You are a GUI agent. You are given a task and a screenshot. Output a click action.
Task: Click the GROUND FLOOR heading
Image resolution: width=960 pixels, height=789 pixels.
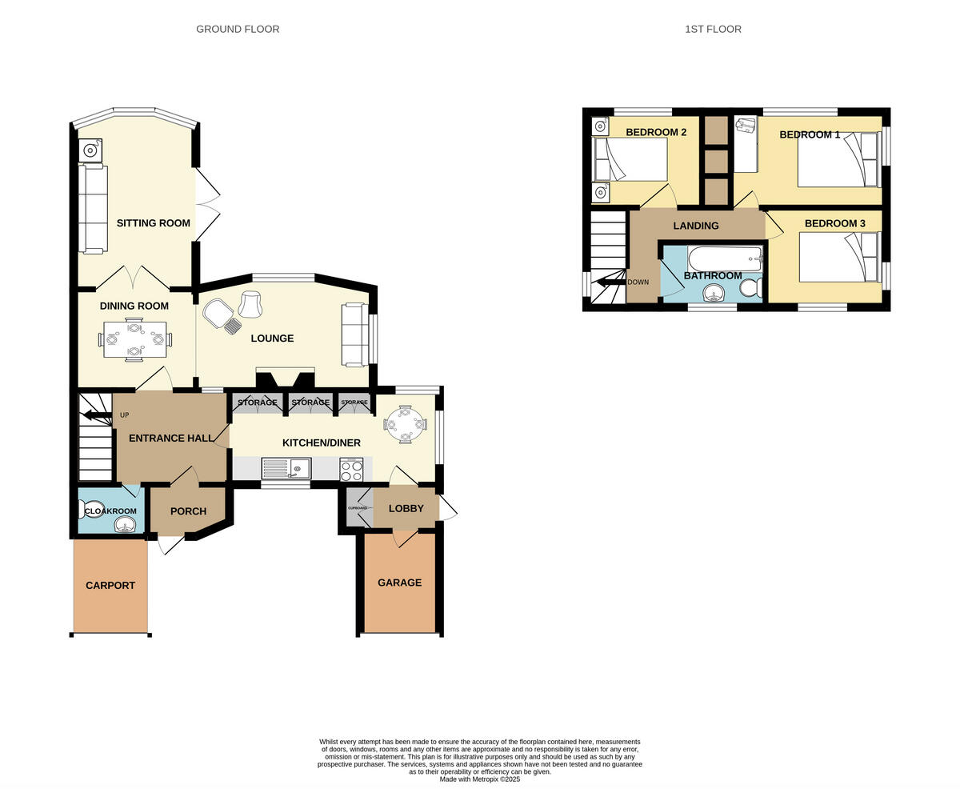click(238, 29)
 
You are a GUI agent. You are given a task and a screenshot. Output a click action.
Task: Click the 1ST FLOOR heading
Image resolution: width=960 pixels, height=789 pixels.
click(713, 29)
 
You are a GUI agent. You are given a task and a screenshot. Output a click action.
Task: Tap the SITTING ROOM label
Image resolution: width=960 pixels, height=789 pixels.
click(153, 223)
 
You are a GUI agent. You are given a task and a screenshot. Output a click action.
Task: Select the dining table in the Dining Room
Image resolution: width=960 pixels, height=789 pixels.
click(134, 340)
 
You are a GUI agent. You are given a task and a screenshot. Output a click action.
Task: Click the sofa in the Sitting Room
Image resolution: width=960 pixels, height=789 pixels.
click(93, 209)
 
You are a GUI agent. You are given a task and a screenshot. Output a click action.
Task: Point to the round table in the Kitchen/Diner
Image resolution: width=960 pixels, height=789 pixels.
click(406, 424)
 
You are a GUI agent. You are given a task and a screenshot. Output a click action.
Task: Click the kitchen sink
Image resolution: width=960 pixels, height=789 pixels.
click(286, 468)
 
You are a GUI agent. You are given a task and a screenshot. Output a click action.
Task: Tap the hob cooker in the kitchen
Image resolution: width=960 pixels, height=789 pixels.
click(351, 469)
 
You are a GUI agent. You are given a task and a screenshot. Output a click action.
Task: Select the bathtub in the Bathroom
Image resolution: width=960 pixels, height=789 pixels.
click(724, 258)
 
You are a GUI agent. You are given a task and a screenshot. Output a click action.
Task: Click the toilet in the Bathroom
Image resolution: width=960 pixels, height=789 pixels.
click(750, 287)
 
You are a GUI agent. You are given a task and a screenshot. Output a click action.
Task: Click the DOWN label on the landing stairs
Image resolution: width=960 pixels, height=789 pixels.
click(638, 282)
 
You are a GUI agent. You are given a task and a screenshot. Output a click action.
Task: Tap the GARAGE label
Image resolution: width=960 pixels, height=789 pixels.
click(399, 583)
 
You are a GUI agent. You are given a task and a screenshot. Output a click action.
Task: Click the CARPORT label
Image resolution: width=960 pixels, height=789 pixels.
click(110, 585)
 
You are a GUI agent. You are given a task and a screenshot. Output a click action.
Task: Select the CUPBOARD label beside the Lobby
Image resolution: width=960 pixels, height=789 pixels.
click(358, 508)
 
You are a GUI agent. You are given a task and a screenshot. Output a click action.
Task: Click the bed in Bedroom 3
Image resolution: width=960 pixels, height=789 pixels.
click(838, 257)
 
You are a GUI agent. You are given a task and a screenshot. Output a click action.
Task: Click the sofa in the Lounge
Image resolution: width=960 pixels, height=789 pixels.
click(355, 334)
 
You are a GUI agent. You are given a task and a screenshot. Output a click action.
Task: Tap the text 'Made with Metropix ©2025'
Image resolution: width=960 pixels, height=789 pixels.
click(479, 779)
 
